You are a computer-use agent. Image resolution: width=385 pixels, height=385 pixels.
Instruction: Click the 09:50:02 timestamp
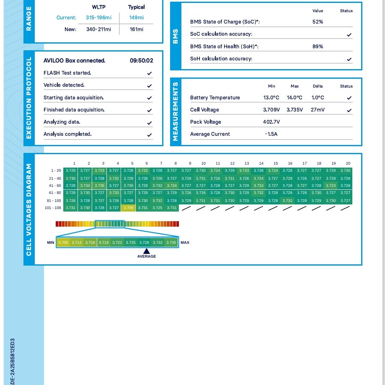click(x=141, y=61)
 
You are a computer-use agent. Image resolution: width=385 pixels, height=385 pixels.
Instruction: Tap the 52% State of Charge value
click(x=318, y=22)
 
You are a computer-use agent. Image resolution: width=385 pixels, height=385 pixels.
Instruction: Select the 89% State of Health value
click(x=318, y=47)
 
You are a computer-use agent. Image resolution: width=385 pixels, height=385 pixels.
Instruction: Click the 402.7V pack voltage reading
click(x=271, y=122)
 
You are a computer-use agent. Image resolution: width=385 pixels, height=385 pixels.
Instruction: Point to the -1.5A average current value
click(x=271, y=134)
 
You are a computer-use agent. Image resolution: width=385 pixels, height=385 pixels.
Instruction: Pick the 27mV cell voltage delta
click(x=318, y=110)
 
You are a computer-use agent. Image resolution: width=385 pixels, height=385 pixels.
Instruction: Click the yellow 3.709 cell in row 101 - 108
click(x=128, y=208)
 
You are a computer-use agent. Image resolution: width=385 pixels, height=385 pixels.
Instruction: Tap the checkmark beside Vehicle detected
click(x=150, y=85)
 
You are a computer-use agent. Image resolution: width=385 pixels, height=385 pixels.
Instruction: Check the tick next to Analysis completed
click(x=150, y=135)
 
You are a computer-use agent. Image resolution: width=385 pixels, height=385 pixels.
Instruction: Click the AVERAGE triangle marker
click(x=146, y=251)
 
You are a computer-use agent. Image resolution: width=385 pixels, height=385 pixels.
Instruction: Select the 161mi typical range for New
click(x=137, y=29)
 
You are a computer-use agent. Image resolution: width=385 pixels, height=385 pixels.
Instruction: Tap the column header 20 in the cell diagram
click(x=348, y=163)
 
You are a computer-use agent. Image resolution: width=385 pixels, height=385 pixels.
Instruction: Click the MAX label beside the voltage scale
click(x=185, y=243)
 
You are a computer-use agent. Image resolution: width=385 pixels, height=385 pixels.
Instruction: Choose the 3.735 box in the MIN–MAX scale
click(x=171, y=243)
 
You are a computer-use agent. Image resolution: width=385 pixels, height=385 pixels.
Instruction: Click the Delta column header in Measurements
click(x=318, y=86)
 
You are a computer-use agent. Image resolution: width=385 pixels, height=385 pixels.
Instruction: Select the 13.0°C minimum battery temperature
click(x=271, y=98)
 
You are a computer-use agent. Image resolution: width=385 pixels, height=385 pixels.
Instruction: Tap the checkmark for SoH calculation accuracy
click(x=349, y=59)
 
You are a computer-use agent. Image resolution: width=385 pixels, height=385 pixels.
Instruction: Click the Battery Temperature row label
click(x=215, y=98)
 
